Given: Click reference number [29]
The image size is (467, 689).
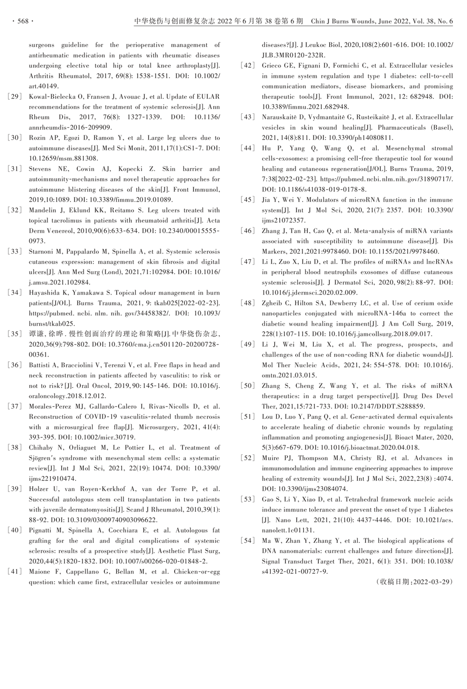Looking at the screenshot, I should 15,97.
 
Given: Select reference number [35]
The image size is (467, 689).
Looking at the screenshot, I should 15,334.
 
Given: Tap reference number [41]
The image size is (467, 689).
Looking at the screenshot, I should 15,572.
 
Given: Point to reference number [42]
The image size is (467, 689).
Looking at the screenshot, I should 248,66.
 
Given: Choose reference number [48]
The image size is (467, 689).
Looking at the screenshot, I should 248,303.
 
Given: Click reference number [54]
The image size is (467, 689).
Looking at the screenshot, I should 248,541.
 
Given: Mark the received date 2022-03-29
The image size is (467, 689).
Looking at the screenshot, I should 433,582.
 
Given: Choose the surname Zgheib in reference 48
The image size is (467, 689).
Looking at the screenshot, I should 274,303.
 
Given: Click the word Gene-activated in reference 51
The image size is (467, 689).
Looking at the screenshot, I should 372,417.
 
